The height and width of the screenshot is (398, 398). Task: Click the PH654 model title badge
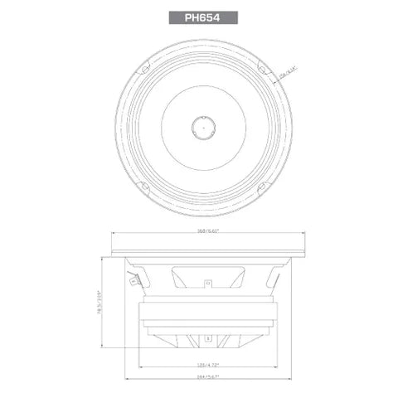pos(199,16)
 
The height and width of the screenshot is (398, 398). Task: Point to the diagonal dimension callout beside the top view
pos(287,73)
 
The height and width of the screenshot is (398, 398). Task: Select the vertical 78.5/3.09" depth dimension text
pos(100,303)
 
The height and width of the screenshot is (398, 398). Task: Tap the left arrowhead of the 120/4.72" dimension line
pos(138,368)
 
